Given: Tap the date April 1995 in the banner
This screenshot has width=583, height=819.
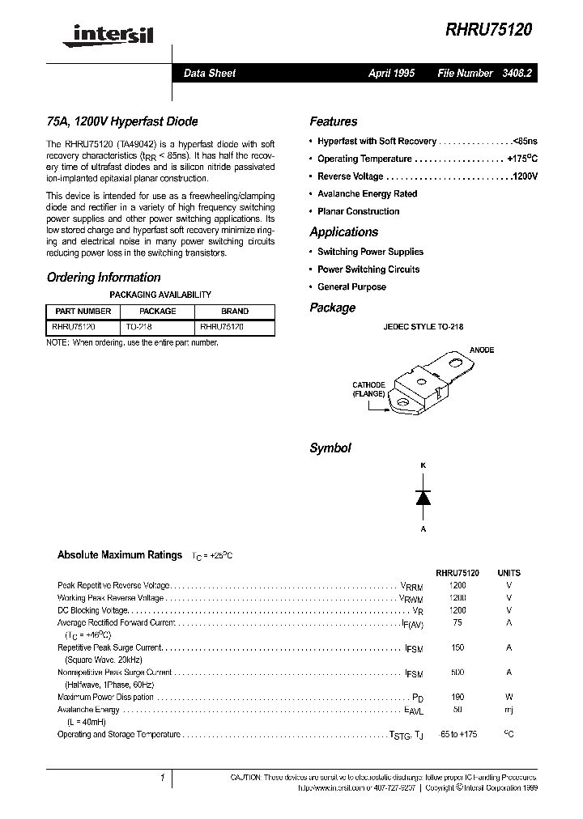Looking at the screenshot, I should tap(391, 73).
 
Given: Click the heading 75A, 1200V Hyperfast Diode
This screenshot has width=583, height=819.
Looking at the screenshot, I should tap(122, 121).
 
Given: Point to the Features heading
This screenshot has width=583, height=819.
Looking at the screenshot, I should tap(333, 121).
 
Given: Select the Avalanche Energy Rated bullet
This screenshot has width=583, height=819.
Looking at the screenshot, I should tap(367, 194).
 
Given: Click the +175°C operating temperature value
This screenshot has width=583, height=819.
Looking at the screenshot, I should tap(522, 159).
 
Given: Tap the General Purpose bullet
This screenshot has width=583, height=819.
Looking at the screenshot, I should tap(351, 287).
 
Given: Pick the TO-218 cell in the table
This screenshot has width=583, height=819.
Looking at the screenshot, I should tap(139, 327).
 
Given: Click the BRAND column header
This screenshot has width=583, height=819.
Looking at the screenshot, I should tap(235, 311).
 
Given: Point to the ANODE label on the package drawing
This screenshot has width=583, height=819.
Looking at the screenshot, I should tap(481, 350).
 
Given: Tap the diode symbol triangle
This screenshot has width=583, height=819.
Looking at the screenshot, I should tap(423, 499).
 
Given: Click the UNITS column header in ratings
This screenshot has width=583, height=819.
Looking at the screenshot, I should tap(509, 571).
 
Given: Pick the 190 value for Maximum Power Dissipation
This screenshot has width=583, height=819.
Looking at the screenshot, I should tap(457, 697).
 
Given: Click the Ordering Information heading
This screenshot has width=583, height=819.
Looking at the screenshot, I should tap(104, 277).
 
